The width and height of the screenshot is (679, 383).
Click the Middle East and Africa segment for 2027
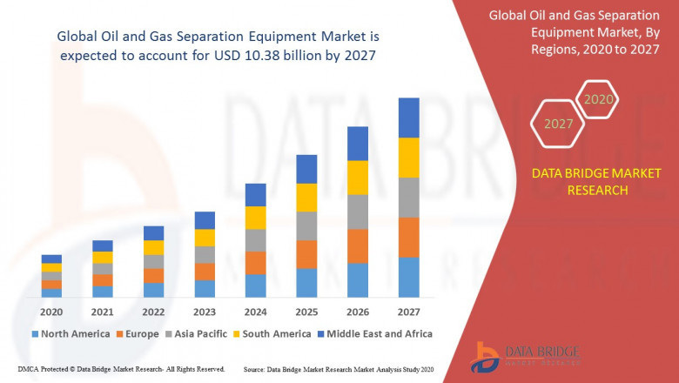click(x=408, y=118)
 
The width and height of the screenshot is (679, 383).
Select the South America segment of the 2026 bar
click(x=357, y=178)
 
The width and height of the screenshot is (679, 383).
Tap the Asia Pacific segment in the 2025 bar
click(x=306, y=225)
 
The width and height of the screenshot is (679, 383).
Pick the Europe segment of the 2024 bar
click(x=255, y=263)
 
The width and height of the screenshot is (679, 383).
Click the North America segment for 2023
click(x=205, y=288)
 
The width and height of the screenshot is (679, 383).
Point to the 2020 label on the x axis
click(x=51, y=312)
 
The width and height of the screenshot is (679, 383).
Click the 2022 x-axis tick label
click(x=153, y=312)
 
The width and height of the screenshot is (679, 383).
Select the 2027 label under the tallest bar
click(x=408, y=312)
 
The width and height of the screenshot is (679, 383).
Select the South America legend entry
click(x=273, y=333)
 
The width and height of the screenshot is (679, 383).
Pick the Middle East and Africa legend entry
click(x=374, y=333)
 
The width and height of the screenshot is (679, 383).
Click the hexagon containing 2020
click(x=598, y=100)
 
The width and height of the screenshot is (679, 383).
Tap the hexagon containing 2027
click(x=558, y=124)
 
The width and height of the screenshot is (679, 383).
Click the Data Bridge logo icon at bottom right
click(x=485, y=356)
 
